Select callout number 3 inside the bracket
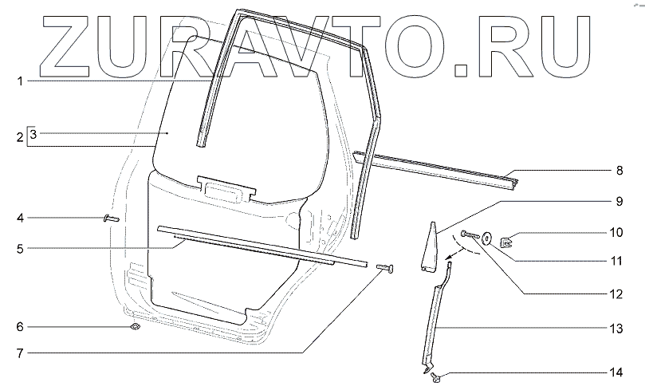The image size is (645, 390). pyautogui.click(x=33, y=135)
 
